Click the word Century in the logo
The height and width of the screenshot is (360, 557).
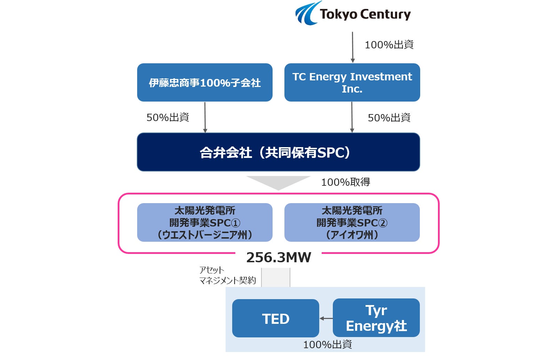coord(385,15)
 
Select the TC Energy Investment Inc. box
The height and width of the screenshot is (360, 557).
coord(352,82)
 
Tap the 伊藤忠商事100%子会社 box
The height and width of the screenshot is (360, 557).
coord(205,82)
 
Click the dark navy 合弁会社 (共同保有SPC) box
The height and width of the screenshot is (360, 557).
coord(278,152)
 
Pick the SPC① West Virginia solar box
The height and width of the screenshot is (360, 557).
coord(205,223)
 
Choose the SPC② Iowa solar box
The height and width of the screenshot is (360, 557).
coord(352,223)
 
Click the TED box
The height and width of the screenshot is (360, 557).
coord(275,318)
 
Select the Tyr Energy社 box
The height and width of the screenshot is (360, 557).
coord(376,318)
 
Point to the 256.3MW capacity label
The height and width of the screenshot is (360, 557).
coord(278,258)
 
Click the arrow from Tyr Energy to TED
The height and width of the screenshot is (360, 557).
coord(326,318)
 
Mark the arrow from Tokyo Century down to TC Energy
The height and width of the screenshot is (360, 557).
coord(353,47)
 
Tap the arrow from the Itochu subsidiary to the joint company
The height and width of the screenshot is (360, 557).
coord(205,117)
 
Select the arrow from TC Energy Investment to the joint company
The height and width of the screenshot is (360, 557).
coord(352,117)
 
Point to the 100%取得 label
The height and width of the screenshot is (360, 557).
coord(345,182)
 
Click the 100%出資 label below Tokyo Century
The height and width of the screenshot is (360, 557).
coord(389,45)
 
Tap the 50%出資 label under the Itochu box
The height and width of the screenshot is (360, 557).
coord(167,118)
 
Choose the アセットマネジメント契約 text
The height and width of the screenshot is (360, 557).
coord(227,275)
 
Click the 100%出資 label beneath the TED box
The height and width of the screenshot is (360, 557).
coord(327,345)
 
